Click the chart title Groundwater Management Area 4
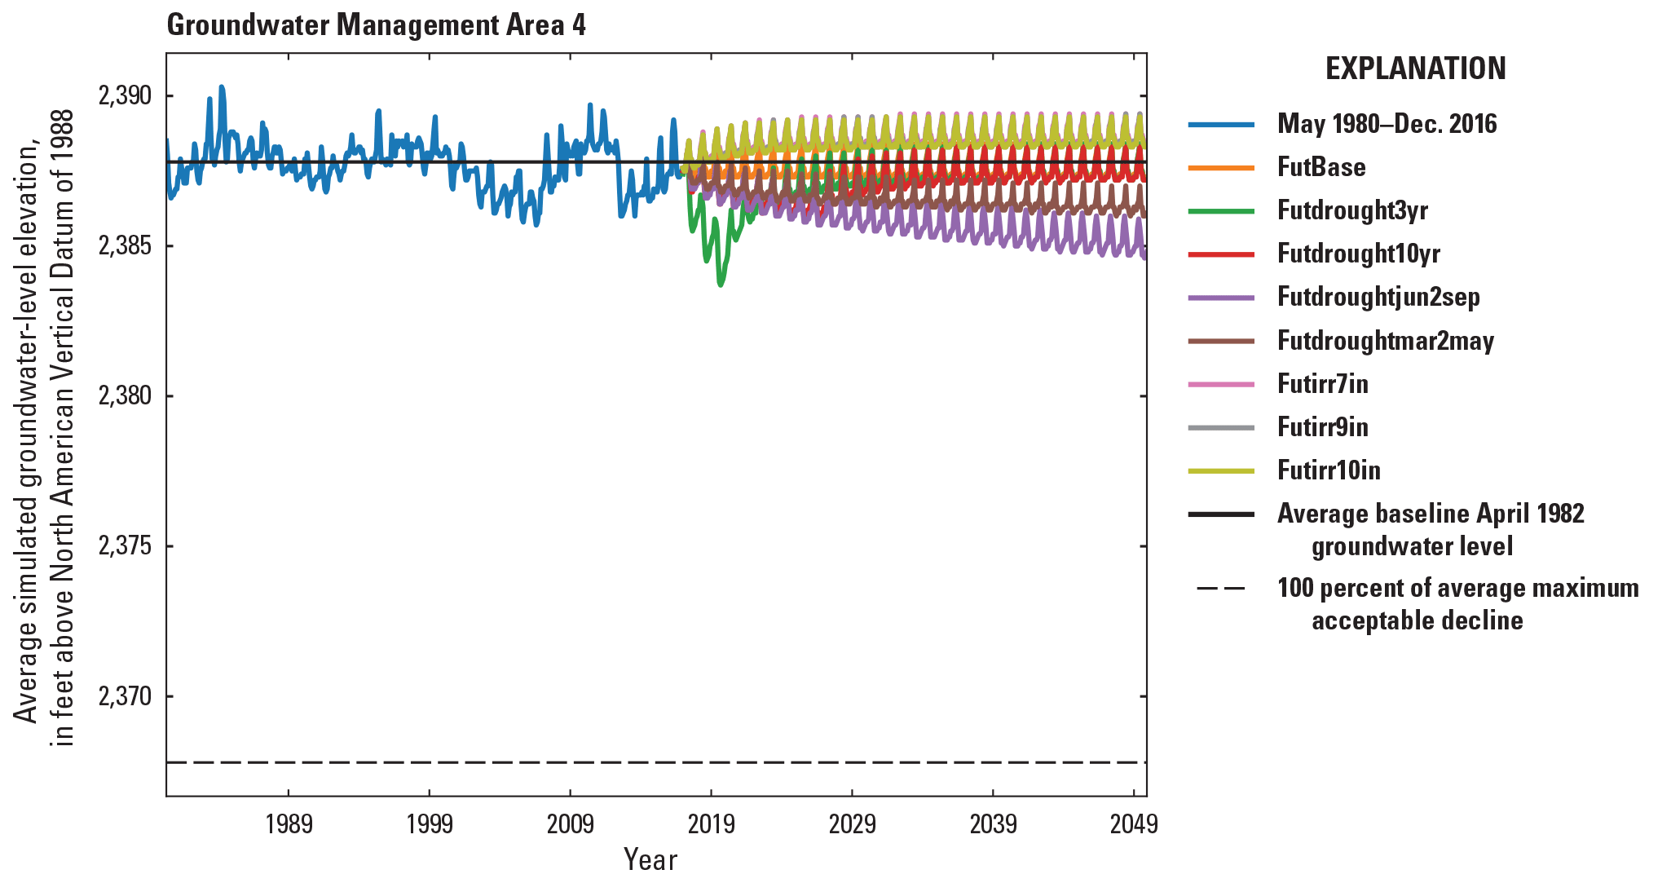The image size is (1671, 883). tap(376, 25)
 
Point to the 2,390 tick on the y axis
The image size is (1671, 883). tap(125, 96)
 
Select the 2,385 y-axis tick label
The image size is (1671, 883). tap(125, 246)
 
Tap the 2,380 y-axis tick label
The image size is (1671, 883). tap(125, 396)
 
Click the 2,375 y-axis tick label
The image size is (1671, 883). tap(125, 546)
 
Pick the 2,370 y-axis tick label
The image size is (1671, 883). tap(125, 696)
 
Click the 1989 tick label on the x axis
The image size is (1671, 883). tap(289, 824)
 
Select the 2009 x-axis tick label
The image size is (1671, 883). tap(571, 824)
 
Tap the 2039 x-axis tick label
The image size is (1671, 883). tap(993, 824)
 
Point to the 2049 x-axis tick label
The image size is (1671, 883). tap(1134, 824)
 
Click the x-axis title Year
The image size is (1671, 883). tap(650, 859)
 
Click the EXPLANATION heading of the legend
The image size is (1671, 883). tap(1415, 68)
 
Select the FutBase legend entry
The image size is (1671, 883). tap(1320, 167)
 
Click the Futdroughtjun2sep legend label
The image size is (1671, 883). tap(1378, 297)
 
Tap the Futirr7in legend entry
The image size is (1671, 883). tap(1322, 383)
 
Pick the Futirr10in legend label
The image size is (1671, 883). tap(1329, 470)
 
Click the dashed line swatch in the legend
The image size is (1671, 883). tap(1220, 589)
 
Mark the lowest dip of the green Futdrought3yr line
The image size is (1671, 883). tap(721, 285)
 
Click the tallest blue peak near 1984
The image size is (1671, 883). tap(222, 86)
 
